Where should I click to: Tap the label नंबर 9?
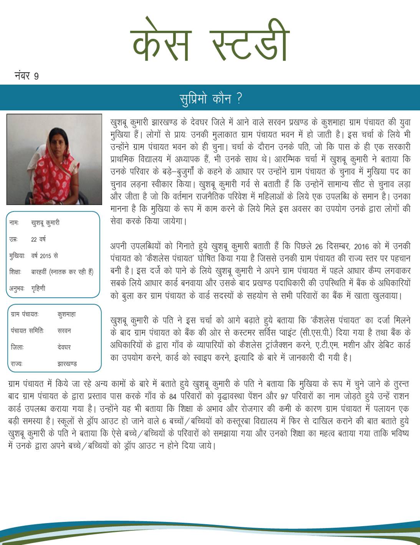pyautogui.click(x=26, y=75)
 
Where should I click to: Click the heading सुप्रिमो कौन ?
pyautogui.click(x=211, y=98)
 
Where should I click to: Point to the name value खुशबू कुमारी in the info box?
pyautogui.click(x=45, y=223)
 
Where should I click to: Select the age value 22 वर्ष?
pyautogui.click(x=38, y=239)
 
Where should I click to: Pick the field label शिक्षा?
pyautogui.click(x=15, y=272)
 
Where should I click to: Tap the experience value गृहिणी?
pyautogui.click(x=38, y=288)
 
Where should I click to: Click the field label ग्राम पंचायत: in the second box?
pyautogui.click(x=25, y=314)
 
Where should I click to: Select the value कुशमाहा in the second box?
pyautogui.click(x=67, y=314)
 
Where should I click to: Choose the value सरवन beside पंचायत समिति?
pyautogui.click(x=64, y=331)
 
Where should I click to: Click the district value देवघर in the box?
pyautogui.click(x=64, y=347)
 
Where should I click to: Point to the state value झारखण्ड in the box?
pyautogui.click(x=67, y=364)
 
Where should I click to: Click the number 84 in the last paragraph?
pyautogui.click(x=172, y=396)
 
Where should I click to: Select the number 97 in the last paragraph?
pyautogui.click(x=284, y=396)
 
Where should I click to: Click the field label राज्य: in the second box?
pyautogui.click(x=17, y=364)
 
